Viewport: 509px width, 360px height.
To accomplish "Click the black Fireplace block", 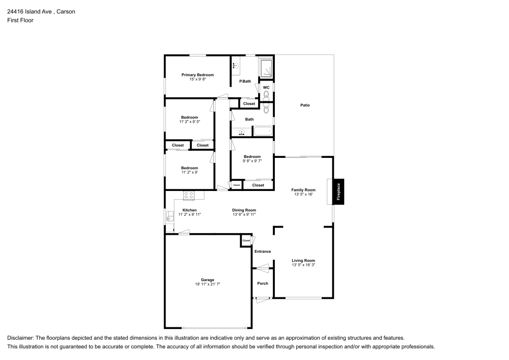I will pyautogui.click(x=339, y=191).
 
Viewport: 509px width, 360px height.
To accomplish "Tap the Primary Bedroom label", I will pyautogui.click(x=198, y=75).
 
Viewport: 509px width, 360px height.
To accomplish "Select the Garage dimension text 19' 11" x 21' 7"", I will pyautogui.click(x=207, y=284).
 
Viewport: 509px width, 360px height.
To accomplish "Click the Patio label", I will pyautogui.click(x=305, y=105).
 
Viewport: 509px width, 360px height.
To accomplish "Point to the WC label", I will pyautogui.click(x=266, y=88).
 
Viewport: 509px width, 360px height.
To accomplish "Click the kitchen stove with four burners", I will pyautogui.click(x=189, y=195).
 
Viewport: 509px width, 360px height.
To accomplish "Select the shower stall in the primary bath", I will pyautogui.click(x=266, y=68).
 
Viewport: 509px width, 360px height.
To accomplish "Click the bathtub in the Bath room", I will pyautogui.click(x=263, y=132).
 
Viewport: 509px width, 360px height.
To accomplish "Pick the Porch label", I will pyautogui.click(x=263, y=284).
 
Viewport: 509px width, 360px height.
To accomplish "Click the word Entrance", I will pyautogui.click(x=263, y=252).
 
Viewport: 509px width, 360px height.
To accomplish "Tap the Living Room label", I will pyautogui.click(x=303, y=261).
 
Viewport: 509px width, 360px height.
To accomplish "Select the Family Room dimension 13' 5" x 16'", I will pyautogui.click(x=303, y=195).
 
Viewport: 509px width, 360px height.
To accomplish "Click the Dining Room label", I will pyautogui.click(x=244, y=210).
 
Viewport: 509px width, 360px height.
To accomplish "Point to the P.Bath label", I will pyautogui.click(x=245, y=81).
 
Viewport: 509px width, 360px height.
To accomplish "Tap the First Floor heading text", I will pyautogui.click(x=20, y=20).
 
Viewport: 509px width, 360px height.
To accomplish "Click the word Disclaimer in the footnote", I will pyautogui.click(x=20, y=338).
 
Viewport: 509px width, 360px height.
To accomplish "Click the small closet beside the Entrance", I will pyautogui.click(x=246, y=240).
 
